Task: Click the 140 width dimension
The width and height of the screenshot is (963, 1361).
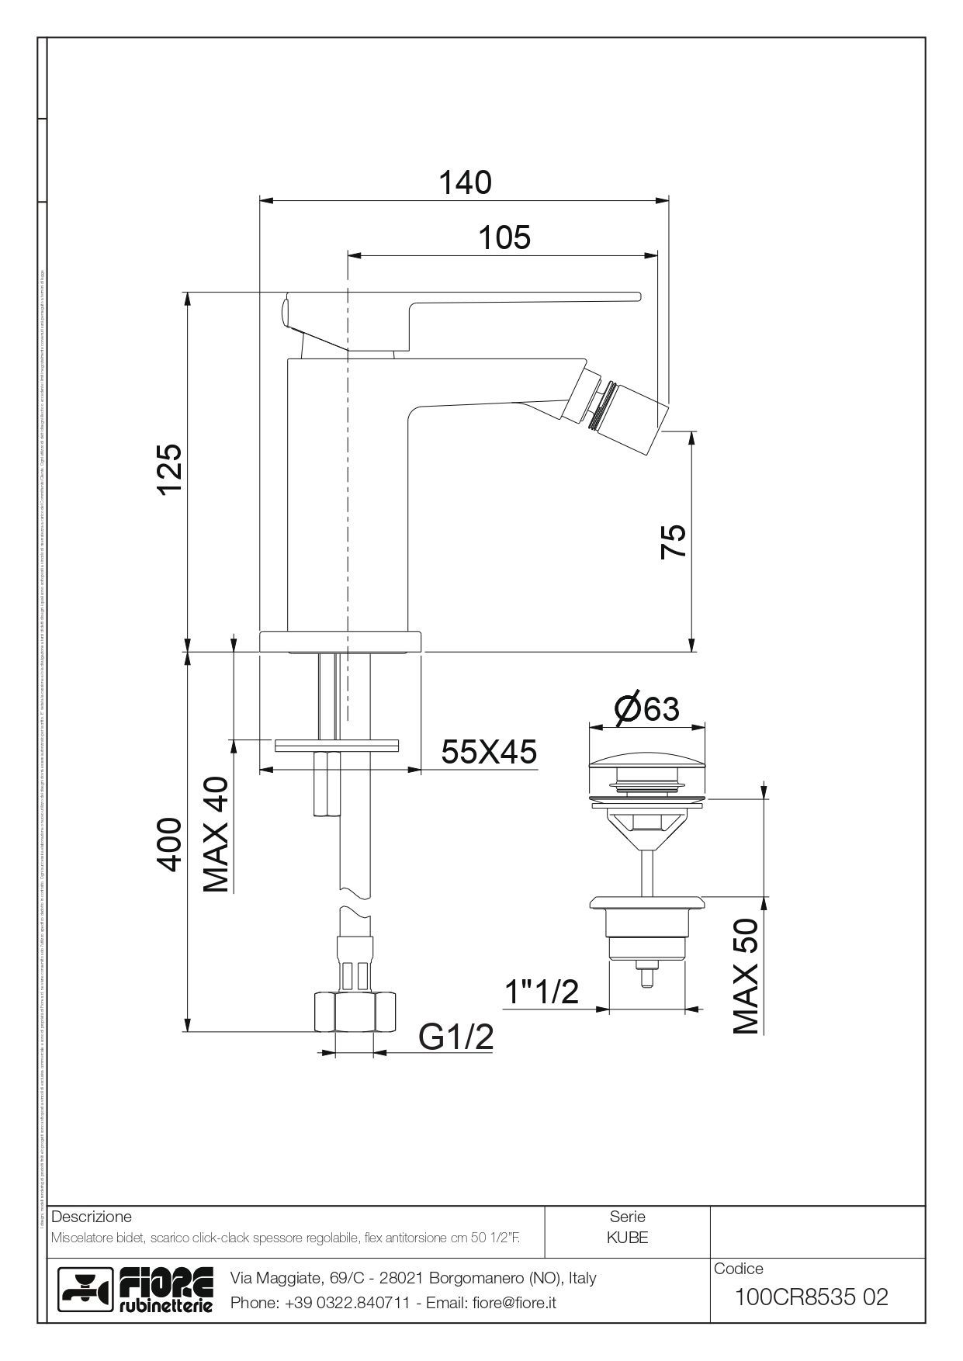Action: pos(466,182)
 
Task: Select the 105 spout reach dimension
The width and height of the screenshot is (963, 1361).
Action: pos(504,237)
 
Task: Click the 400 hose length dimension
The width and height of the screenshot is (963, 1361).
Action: pos(169,843)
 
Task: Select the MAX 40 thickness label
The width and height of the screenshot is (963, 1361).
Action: pos(217,834)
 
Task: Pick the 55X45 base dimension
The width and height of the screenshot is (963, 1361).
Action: pos(489,751)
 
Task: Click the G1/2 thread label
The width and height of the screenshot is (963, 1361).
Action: pos(456,1036)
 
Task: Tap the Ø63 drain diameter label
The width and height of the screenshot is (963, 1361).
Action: pos(646,708)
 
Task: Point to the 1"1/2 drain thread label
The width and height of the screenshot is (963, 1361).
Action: pos(542,991)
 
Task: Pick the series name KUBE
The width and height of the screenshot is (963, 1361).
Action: pos(627,1238)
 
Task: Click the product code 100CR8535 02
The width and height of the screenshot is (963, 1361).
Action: pos(811,1297)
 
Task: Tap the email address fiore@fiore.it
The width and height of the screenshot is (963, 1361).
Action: pos(514,1303)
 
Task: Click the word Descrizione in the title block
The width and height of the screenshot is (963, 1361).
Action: pos(91,1216)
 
